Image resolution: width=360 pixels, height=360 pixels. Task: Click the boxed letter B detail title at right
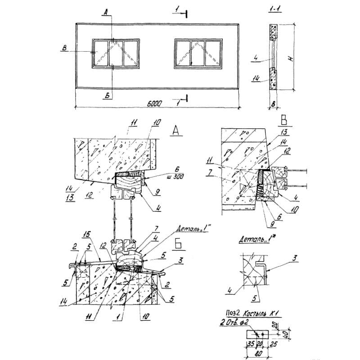(284, 121)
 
